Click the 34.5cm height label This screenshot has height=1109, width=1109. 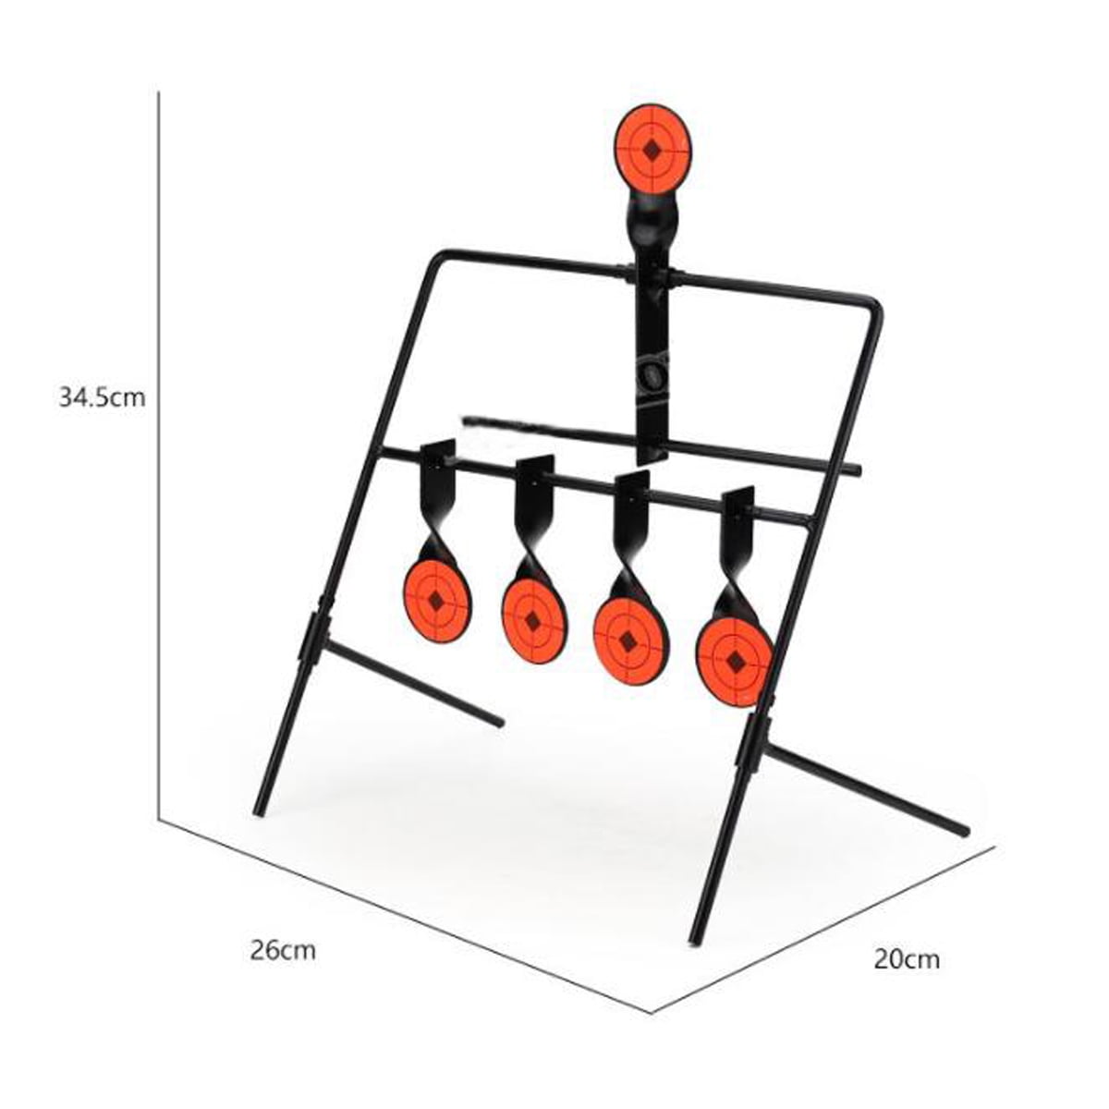pos(102,398)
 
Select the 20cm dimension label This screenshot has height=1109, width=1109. pos(907,959)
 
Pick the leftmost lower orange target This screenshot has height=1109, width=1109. pos(437,602)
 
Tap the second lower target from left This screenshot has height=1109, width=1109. pos(533,620)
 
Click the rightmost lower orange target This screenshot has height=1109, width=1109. pos(735,661)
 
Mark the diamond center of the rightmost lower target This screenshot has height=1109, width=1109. pos(736,662)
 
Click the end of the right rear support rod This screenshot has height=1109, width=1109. pos(965,831)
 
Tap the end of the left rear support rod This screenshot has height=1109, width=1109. pos(499,721)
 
